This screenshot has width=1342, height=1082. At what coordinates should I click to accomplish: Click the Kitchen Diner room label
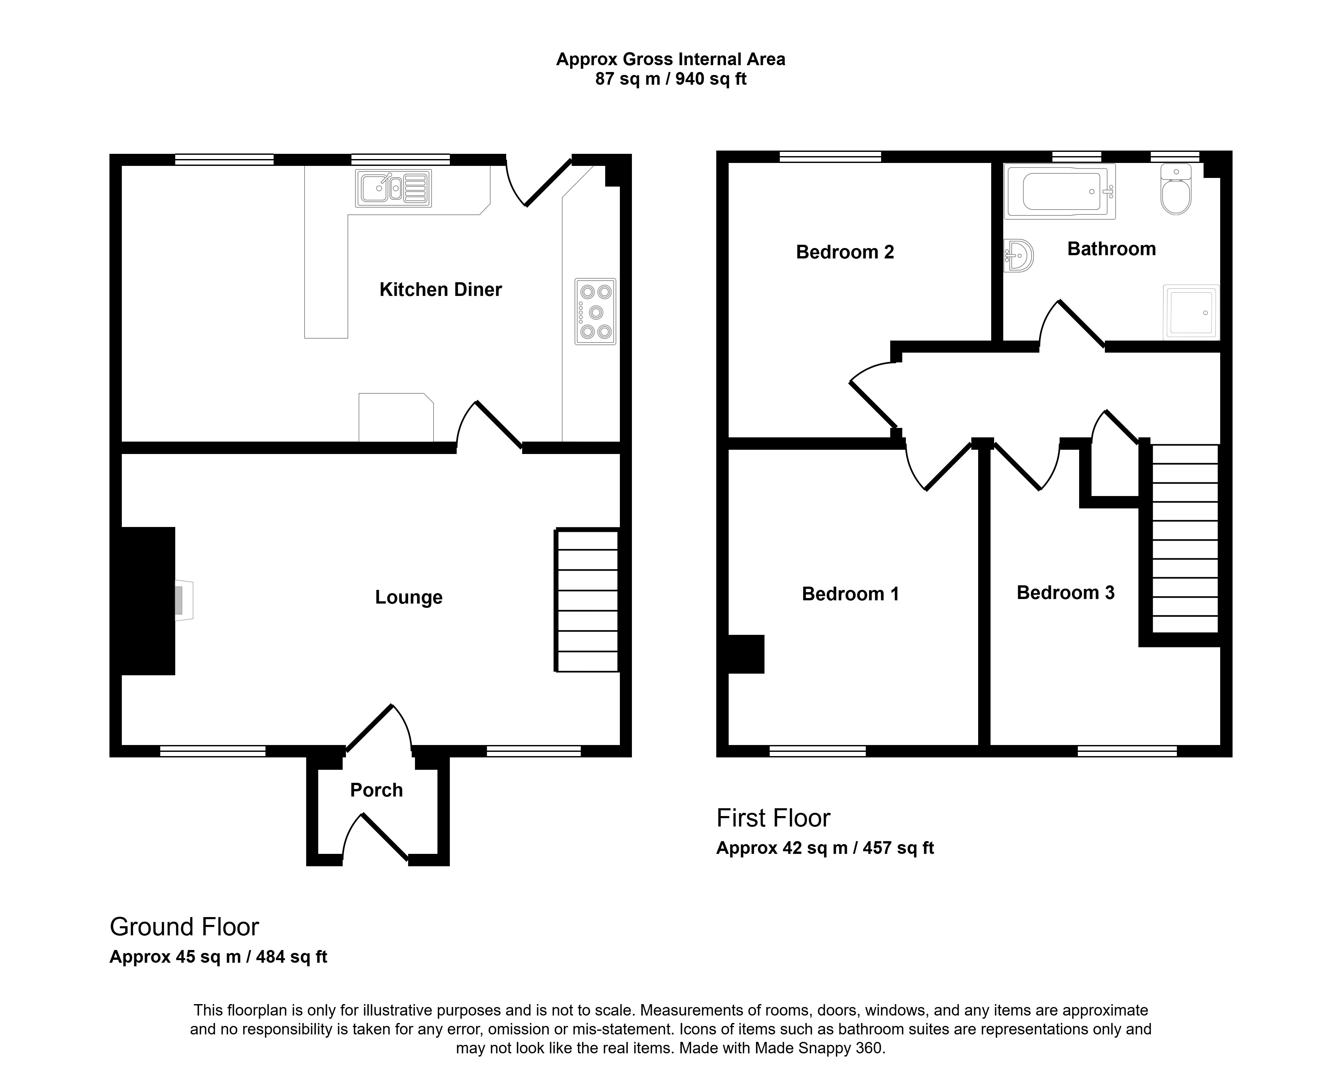pyautogui.click(x=440, y=290)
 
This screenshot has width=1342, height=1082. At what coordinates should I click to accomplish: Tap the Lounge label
pyautogui.click(x=409, y=598)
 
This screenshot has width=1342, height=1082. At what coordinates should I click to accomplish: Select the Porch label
pyautogui.click(x=376, y=790)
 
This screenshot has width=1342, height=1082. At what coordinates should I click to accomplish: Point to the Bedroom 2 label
pyautogui.click(x=845, y=253)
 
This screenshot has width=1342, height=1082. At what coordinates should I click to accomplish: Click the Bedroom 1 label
pyautogui.click(x=850, y=594)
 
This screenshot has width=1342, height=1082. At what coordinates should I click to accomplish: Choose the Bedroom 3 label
pyautogui.click(x=1065, y=593)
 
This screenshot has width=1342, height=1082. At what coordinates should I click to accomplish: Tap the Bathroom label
pyautogui.click(x=1111, y=249)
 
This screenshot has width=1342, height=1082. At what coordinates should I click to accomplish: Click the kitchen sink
pyautogui.click(x=393, y=188)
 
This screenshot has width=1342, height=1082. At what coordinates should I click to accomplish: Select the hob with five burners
pyautogui.click(x=595, y=312)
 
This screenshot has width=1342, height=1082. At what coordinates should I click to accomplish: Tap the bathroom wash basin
pyautogui.click(x=1019, y=256)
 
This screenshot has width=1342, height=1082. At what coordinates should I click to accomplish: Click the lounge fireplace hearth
pyautogui.click(x=184, y=601)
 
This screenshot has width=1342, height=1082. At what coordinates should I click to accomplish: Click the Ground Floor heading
pyautogui.click(x=184, y=928)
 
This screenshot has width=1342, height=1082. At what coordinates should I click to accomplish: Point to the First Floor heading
pyautogui.click(x=773, y=818)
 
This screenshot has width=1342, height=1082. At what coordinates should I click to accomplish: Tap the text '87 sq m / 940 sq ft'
pyautogui.click(x=671, y=79)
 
